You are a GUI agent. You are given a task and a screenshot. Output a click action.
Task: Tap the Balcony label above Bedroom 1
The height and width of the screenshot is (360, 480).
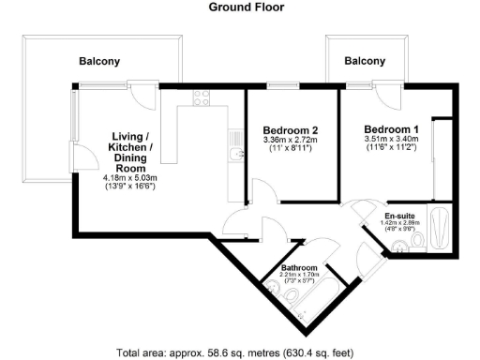pos(365,61)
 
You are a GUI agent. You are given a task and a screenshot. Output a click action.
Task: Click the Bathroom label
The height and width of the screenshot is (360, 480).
pos(300,269)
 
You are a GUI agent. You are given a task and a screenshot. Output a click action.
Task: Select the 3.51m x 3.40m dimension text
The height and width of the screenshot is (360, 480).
pos(392,141)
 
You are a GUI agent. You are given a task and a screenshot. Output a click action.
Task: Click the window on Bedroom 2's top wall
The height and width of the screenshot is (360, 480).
pos(278,86)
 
